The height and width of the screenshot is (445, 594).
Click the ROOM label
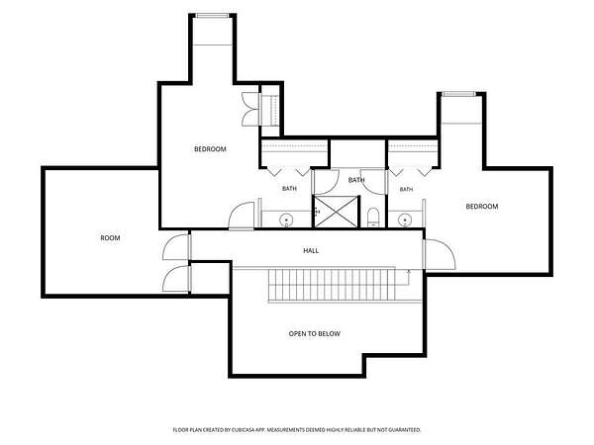pos(110,238)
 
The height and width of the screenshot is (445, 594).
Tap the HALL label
pos(311,250)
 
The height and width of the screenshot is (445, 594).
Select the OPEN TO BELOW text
pos(315,334)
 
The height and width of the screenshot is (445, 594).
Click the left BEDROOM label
pos(210,149)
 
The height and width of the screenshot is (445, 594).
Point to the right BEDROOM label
pos(482,207)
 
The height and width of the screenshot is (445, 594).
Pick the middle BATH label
pos(356,180)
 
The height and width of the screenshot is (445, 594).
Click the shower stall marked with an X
pos(336,212)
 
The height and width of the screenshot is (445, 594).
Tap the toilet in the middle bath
pos(373,218)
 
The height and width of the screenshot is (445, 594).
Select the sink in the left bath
pos(286,220)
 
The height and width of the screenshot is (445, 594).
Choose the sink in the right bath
pos(405,220)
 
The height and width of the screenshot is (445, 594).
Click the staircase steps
pos(332,285)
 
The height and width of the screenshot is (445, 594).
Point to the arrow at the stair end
pos(409,276)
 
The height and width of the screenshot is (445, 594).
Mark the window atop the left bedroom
pos(212,16)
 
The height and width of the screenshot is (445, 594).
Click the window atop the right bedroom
pos(458,94)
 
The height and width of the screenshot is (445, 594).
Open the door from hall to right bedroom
pos(440,254)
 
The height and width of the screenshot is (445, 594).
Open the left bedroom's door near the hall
pos(242,216)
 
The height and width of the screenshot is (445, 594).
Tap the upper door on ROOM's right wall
pos(176,247)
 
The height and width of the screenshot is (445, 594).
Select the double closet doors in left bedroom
pos(250,109)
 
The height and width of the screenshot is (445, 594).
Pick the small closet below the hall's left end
pos(210,278)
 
